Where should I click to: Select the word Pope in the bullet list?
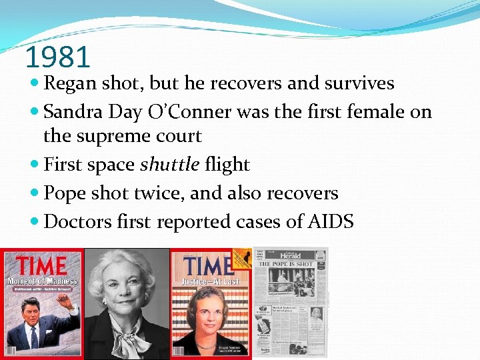pyautogui.click(x=62, y=193)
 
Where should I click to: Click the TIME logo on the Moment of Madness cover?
pyautogui.click(x=42, y=265)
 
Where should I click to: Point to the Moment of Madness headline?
pyautogui.click(x=42, y=281)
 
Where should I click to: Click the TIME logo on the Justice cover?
pyautogui.click(x=208, y=266)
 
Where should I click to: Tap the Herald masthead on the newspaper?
pyautogui.click(x=290, y=255)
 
